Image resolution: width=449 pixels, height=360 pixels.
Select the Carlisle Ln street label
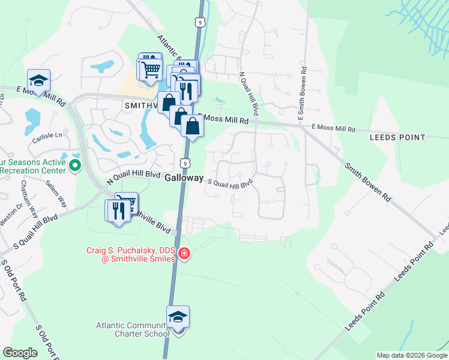[47, 136]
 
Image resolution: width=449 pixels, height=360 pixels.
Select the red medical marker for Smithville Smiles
[184, 255]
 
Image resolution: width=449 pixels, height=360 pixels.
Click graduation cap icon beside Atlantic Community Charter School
[178, 317]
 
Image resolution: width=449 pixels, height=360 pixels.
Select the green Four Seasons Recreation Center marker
[75, 164]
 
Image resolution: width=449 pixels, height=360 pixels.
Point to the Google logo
[20, 353]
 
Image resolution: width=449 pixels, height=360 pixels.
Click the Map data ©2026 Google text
[412, 355]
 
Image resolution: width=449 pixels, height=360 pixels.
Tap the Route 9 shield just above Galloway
[185, 163]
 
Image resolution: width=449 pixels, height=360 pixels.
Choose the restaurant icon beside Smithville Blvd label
[118, 209]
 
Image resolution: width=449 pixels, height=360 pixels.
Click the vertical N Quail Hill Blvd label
[248, 94]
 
